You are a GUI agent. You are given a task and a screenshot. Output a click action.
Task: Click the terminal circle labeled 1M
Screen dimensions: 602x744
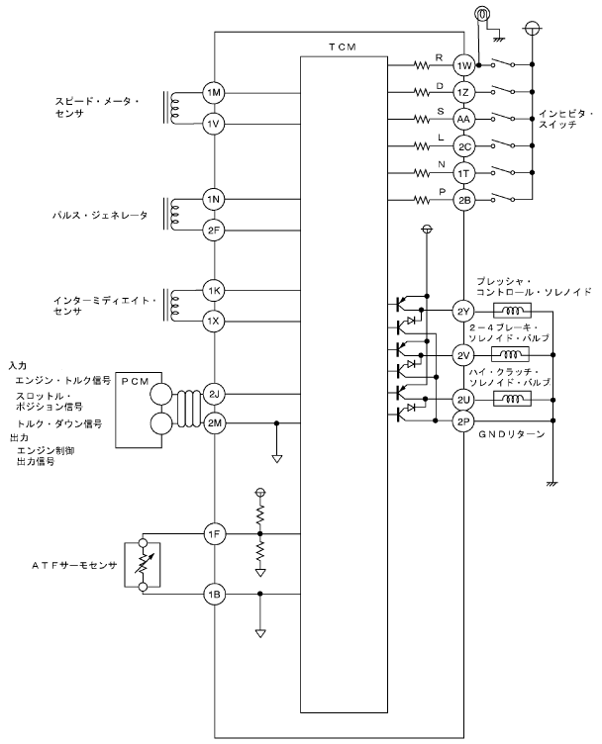click(x=214, y=93)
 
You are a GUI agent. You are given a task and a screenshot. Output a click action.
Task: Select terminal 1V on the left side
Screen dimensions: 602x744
click(x=214, y=125)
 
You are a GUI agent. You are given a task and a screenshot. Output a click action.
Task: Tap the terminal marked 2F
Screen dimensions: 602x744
click(x=214, y=231)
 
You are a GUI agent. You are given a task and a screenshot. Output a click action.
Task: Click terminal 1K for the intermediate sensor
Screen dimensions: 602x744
click(x=214, y=291)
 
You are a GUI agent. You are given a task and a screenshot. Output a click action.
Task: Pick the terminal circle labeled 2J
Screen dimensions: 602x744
click(x=214, y=394)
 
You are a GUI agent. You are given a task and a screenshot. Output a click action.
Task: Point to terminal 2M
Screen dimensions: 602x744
click(x=214, y=422)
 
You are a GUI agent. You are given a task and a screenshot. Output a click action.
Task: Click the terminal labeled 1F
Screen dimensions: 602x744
click(x=214, y=534)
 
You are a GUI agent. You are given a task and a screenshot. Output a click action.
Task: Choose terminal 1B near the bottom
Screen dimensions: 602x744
click(x=214, y=594)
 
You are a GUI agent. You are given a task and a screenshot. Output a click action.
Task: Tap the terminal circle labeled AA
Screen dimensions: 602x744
click(x=463, y=119)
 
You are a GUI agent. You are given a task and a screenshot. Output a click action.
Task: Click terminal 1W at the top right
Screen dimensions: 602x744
click(x=463, y=65)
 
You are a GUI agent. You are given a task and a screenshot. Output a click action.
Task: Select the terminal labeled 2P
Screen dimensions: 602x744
click(x=463, y=420)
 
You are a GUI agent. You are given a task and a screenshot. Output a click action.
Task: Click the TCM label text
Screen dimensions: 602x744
click(x=343, y=46)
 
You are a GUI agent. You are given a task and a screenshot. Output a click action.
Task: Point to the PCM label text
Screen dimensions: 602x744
click(x=136, y=382)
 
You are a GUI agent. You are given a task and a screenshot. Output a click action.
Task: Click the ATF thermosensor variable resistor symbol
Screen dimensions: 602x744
click(x=142, y=565)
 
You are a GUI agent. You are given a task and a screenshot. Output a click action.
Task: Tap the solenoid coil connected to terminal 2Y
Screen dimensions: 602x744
click(x=512, y=311)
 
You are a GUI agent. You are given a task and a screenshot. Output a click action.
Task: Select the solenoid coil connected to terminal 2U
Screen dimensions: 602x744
click(x=512, y=399)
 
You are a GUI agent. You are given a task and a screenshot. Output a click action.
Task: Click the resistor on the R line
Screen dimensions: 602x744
click(x=421, y=65)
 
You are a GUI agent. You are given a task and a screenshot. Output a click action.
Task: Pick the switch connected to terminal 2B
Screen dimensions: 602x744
click(x=503, y=198)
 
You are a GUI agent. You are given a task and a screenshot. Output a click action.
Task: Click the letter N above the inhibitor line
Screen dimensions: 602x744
click(x=442, y=164)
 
